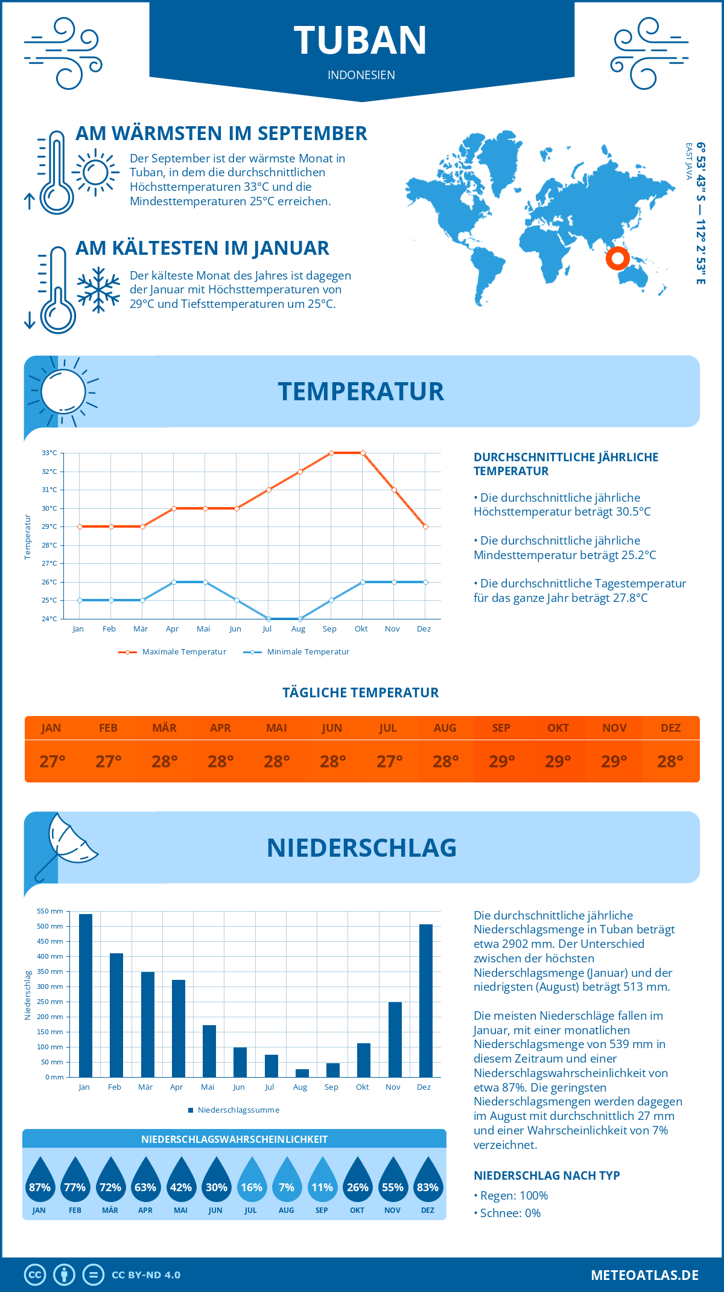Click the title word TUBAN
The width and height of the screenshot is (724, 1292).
click(x=361, y=40)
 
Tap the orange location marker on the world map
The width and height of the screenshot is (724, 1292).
click(x=617, y=258)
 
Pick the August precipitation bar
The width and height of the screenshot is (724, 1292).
click(x=302, y=1073)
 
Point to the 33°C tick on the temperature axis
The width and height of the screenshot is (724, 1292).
click(x=50, y=453)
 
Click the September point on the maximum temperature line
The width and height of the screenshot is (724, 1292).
click(x=331, y=453)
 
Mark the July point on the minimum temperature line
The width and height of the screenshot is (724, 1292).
click(x=268, y=619)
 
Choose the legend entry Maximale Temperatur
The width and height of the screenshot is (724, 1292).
click(x=173, y=652)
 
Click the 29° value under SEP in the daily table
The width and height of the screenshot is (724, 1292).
click(x=501, y=761)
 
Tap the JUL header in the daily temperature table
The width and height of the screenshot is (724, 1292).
click(x=388, y=728)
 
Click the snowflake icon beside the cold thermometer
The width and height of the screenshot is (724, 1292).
click(x=98, y=290)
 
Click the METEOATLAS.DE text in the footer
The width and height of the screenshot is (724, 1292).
click(x=644, y=1275)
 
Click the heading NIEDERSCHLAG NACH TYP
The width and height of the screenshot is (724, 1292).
click(x=547, y=1175)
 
